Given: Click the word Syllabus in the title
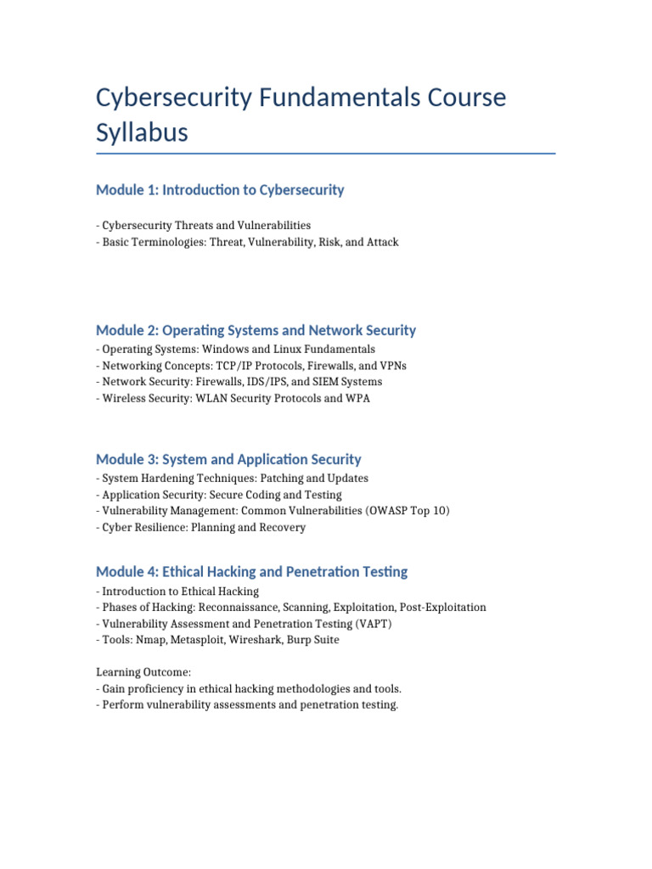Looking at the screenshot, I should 142,133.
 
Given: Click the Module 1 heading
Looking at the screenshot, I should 220,190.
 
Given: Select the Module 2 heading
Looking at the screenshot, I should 256,330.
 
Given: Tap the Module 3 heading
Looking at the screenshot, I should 228,459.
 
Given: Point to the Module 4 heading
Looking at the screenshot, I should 251,572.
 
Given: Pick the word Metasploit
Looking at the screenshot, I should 193,640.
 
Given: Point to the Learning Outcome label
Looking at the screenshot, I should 141,672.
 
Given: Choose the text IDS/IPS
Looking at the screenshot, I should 263,382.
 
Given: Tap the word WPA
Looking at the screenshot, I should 357,398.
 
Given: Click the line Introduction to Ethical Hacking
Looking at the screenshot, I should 177,591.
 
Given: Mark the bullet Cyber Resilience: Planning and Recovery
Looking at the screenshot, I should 201,527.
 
